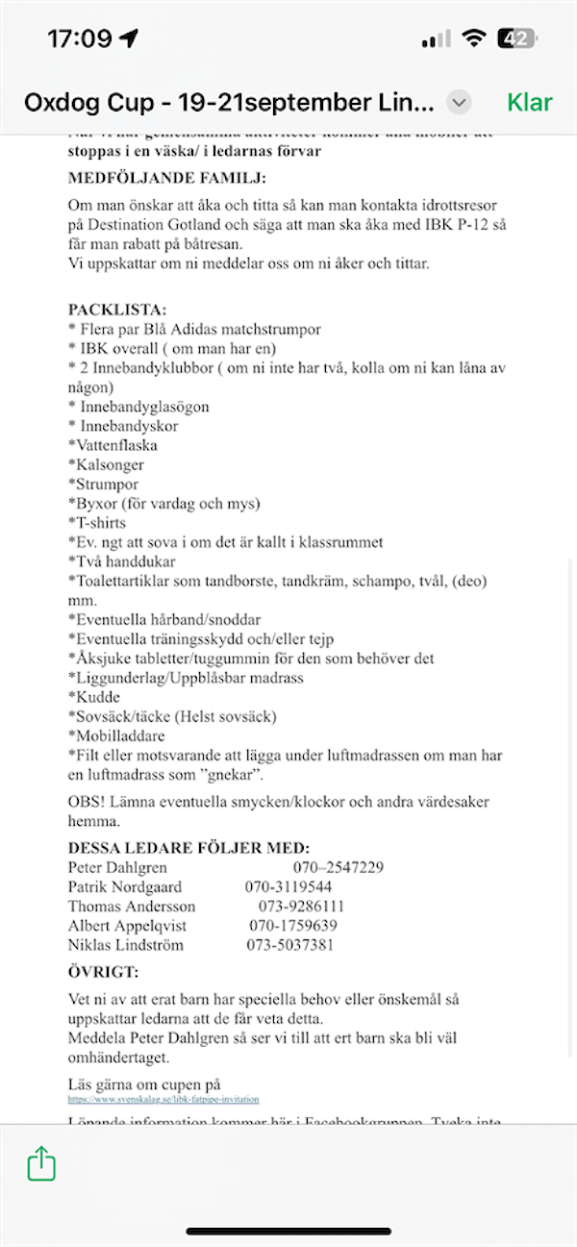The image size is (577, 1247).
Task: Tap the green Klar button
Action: click(x=529, y=103)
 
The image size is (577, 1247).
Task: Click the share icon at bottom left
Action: click(x=41, y=1164)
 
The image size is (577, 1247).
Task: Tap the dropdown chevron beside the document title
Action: click(x=460, y=103)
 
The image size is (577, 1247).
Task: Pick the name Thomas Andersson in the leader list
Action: click(x=132, y=906)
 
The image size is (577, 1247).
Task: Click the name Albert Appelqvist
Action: click(x=127, y=925)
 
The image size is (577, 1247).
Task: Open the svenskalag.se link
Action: click(x=163, y=1099)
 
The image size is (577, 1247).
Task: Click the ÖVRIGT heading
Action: click(x=104, y=972)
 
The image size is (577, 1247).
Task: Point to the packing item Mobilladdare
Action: click(x=115, y=736)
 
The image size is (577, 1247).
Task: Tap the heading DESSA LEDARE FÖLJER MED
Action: click(x=188, y=848)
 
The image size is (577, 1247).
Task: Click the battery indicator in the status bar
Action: click(x=516, y=38)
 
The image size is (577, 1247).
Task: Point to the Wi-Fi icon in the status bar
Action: click(x=472, y=38)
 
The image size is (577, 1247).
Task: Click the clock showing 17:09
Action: click(x=80, y=38)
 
